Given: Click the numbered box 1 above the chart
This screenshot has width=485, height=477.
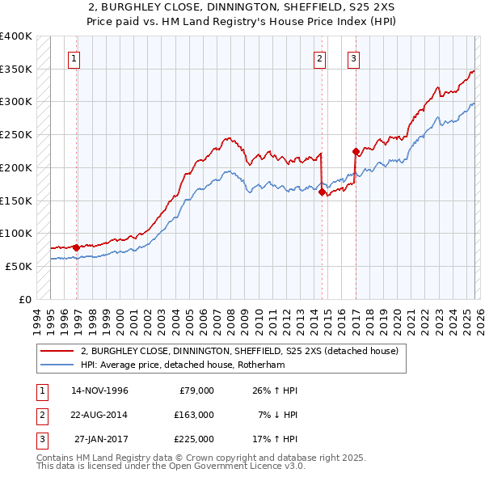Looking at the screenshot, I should (74, 57).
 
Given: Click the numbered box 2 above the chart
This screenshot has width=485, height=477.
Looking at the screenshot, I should (320, 57).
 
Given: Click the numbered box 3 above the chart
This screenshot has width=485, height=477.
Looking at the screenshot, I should (353, 57).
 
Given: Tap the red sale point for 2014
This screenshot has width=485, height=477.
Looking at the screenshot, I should (322, 192).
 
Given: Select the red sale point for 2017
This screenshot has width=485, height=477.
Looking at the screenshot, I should (356, 151).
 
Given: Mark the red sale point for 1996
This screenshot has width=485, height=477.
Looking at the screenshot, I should (77, 247).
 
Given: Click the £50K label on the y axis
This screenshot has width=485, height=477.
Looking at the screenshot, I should (19, 266).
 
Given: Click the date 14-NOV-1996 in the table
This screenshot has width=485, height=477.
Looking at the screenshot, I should (99, 390).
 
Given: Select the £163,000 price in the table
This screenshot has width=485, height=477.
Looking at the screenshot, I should (193, 415).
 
